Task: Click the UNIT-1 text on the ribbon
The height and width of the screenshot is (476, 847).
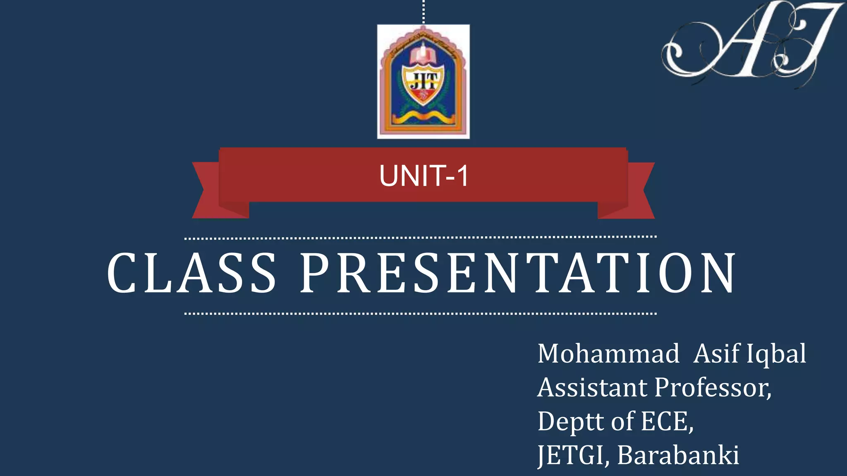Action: (423, 176)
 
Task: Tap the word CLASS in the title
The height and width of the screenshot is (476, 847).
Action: (191, 274)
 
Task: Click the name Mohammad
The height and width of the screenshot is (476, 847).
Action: (608, 354)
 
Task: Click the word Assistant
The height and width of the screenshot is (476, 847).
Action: (592, 388)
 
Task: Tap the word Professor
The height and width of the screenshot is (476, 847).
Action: (712, 388)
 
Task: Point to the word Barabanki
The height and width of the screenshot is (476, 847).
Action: (678, 455)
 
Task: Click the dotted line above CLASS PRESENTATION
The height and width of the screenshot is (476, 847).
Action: (420, 238)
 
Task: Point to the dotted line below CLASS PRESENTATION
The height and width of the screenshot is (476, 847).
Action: (420, 314)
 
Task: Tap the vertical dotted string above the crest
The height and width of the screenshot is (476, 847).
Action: (423, 12)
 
